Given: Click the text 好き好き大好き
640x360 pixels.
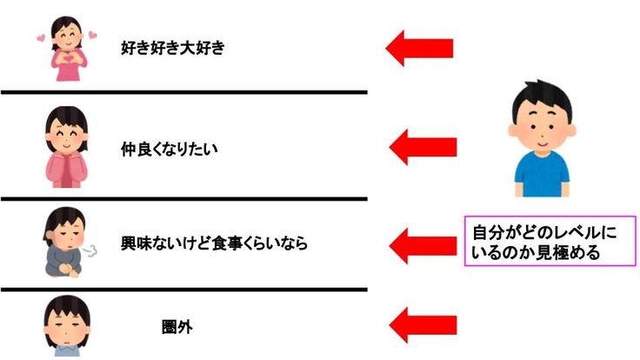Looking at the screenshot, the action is [x=172, y=48].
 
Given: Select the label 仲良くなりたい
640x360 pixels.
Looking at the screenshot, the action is [x=169, y=149].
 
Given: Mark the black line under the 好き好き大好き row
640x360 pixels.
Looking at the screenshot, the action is [x=183, y=92].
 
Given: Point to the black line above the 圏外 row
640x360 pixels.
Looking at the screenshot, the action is [x=183, y=289].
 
